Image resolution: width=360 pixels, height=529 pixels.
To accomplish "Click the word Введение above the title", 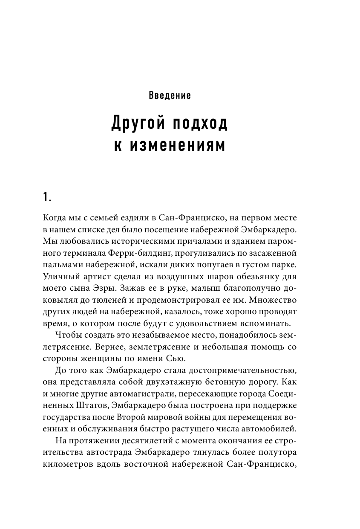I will [x=170, y=95].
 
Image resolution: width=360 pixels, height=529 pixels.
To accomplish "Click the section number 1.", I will [x=47, y=197].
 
